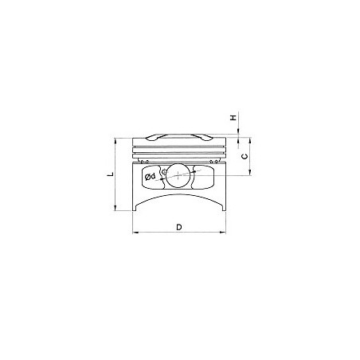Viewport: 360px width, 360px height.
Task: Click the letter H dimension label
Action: pyautogui.click(x=233, y=117)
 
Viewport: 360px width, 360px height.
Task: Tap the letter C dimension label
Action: pyautogui.click(x=245, y=156)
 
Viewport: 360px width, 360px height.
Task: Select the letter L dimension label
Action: pyautogui.click(x=111, y=174)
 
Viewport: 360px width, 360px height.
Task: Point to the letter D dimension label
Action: pyautogui.click(x=179, y=227)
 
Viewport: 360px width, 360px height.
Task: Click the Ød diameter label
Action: pyautogui.click(x=151, y=177)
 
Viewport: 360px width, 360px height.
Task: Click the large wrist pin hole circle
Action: pyautogui.click(x=178, y=175)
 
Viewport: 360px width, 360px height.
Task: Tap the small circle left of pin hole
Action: pyautogui.click(x=165, y=171)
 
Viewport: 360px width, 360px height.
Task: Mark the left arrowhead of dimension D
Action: pyautogui.click(x=135, y=233)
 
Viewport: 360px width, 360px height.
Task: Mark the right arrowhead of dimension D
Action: pyautogui.click(x=222, y=233)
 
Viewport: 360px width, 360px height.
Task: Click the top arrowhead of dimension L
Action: pyautogui.click(x=115, y=141)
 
